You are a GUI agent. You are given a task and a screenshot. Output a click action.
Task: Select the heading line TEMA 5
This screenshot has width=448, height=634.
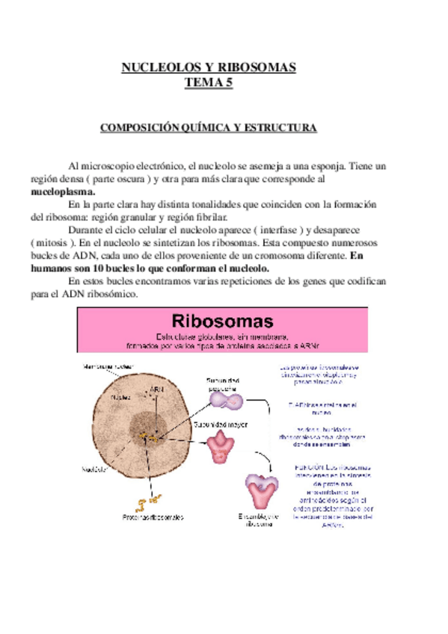209,82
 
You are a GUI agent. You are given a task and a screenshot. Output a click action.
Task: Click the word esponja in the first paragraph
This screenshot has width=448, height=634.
343,166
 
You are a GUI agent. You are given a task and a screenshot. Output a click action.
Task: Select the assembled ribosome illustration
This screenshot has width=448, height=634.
262,490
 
